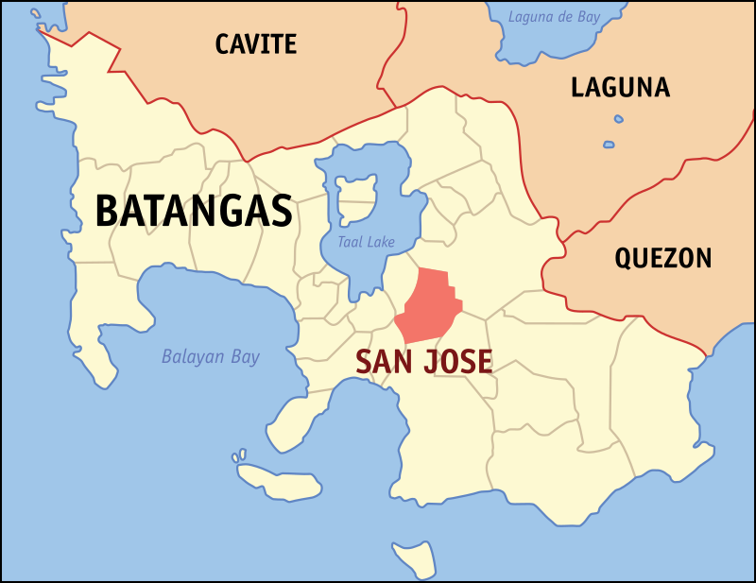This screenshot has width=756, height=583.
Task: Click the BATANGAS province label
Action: (x=194, y=211)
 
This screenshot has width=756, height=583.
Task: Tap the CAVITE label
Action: (x=255, y=43)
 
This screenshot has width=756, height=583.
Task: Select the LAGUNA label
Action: (x=620, y=88)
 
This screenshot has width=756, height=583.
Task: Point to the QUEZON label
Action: (x=662, y=258)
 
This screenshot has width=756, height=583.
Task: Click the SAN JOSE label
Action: (x=423, y=361)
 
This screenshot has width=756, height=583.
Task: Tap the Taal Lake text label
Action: (x=367, y=243)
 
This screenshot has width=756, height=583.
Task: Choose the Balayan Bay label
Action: (x=210, y=357)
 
